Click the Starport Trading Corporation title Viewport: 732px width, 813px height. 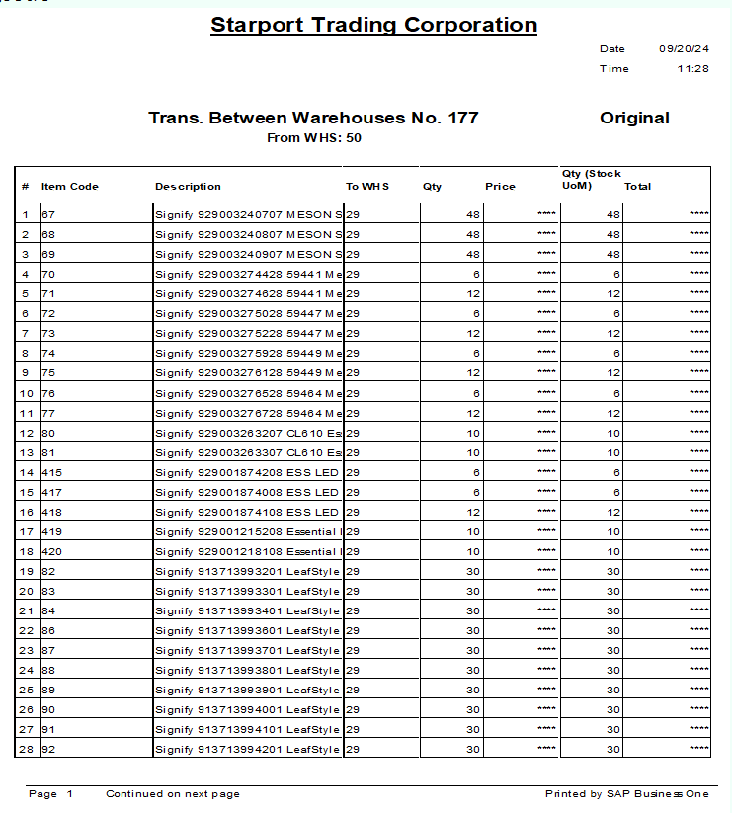click(373, 26)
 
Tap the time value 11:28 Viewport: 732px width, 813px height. click(692, 69)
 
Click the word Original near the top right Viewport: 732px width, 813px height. click(634, 119)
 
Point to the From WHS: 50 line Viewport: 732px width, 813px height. click(314, 138)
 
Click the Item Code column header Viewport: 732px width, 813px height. click(70, 186)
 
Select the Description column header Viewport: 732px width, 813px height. click(188, 186)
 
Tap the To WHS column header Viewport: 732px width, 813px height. click(367, 186)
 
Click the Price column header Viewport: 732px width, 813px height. click(500, 186)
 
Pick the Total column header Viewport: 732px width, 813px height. click(637, 186)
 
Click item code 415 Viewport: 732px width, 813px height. click(51, 472)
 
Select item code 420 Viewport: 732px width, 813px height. click(51, 551)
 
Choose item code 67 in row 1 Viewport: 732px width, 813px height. click(47, 214)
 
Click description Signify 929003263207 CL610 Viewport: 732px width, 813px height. click(248, 433)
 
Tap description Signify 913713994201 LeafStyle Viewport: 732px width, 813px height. click(247, 749)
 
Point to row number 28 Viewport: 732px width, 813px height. click(26, 749)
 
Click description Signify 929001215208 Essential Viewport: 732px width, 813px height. click(248, 531)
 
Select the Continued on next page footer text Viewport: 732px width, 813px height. click(173, 794)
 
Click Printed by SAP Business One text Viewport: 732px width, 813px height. click(626, 794)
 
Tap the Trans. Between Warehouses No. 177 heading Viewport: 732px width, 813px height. click(313, 119)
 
